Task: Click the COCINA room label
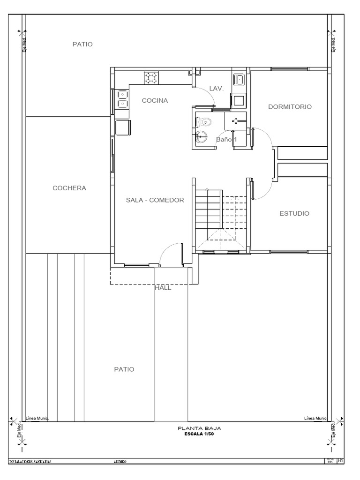155,100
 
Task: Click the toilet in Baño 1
204,122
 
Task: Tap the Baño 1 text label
227,139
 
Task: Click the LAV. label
217,88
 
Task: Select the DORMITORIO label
290,107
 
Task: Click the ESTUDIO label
294,213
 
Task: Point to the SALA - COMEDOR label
155,200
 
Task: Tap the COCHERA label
69,188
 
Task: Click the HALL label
163,288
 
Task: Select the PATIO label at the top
82,45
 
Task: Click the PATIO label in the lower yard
124,369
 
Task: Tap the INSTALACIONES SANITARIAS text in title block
30,462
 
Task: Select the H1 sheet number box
341,461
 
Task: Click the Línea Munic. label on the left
42,418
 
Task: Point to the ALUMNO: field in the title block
120,462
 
